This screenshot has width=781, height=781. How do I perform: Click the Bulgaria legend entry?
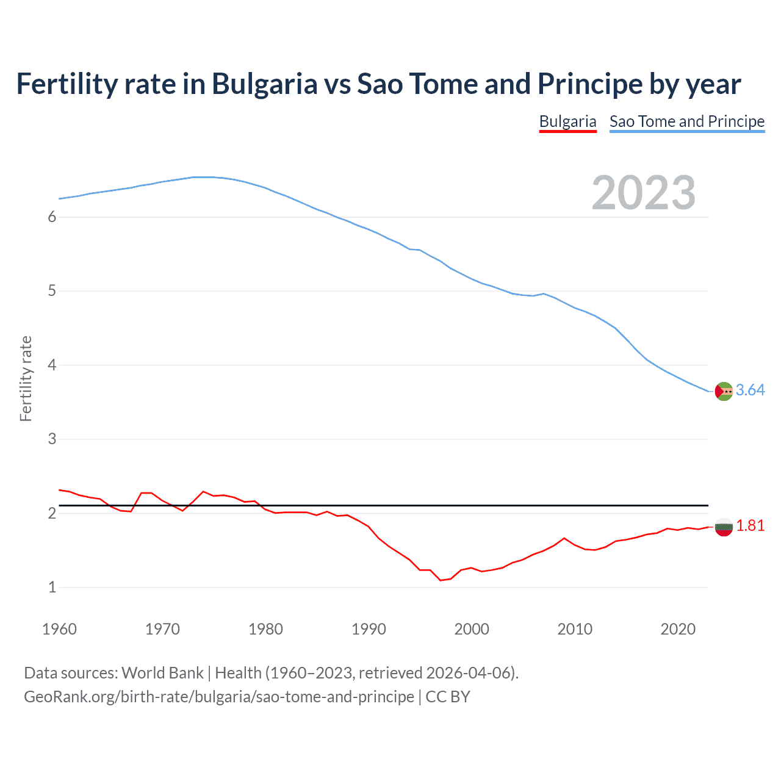pyautogui.click(x=567, y=121)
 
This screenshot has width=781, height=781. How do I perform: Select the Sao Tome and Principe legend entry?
pyautogui.click(x=686, y=121)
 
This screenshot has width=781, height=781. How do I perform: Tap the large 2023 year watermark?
pyautogui.click(x=643, y=193)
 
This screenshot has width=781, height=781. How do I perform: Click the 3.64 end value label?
pyautogui.click(x=750, y=390)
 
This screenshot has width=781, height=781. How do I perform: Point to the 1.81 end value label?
pyautogui.click(x=750, y=526)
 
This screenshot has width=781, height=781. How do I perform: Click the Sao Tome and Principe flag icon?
pyautogui.click(x=724, y=391)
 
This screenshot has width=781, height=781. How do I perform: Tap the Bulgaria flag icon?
pyautogui.click(x=724, y=527)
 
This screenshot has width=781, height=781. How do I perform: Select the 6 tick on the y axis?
pyautogui.click(x=52, y=217)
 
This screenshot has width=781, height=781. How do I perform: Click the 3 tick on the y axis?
pyautogui.click(x=52, y=439)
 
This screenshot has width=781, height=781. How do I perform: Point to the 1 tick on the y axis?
pyautogui.click(x=52, y=588)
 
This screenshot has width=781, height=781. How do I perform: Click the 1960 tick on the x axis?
pyautogui.click(x=59, y=629)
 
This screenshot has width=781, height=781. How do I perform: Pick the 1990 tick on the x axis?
pyautogui.click(x=369, y=629)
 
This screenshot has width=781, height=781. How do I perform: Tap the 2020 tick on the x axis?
pyautogui.click(x=678, y=629)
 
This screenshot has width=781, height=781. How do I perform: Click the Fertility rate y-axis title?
pyautogui.click(x=26, y=378)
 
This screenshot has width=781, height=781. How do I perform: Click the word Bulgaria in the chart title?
pyautogui.click(x=264, y=84)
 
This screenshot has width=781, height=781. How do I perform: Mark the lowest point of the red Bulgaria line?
pyautogui.click(x=441, y=580)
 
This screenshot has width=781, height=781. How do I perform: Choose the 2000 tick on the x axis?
pyautogui.click(x=472, y=629)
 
